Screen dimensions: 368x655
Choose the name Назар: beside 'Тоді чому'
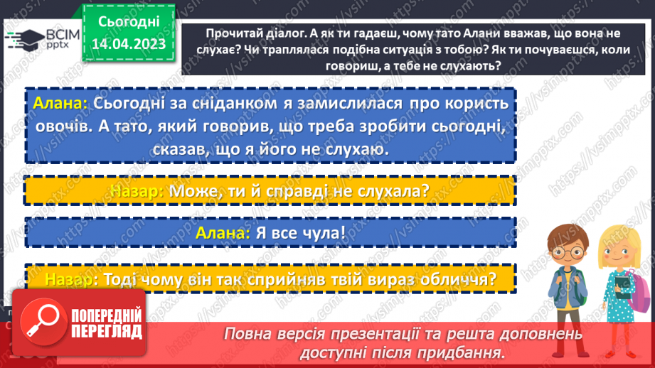click(69, 278)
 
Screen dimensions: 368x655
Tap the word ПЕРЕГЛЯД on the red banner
click(107, 332)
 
